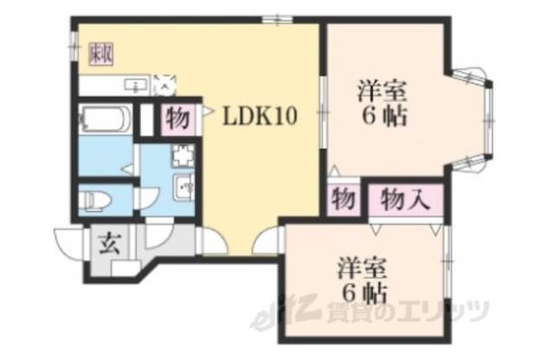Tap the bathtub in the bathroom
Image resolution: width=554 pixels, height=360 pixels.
104,119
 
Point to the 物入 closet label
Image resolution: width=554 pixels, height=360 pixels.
405,201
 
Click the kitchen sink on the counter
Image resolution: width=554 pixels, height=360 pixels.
135,85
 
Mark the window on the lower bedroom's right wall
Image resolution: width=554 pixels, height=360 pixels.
448,259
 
